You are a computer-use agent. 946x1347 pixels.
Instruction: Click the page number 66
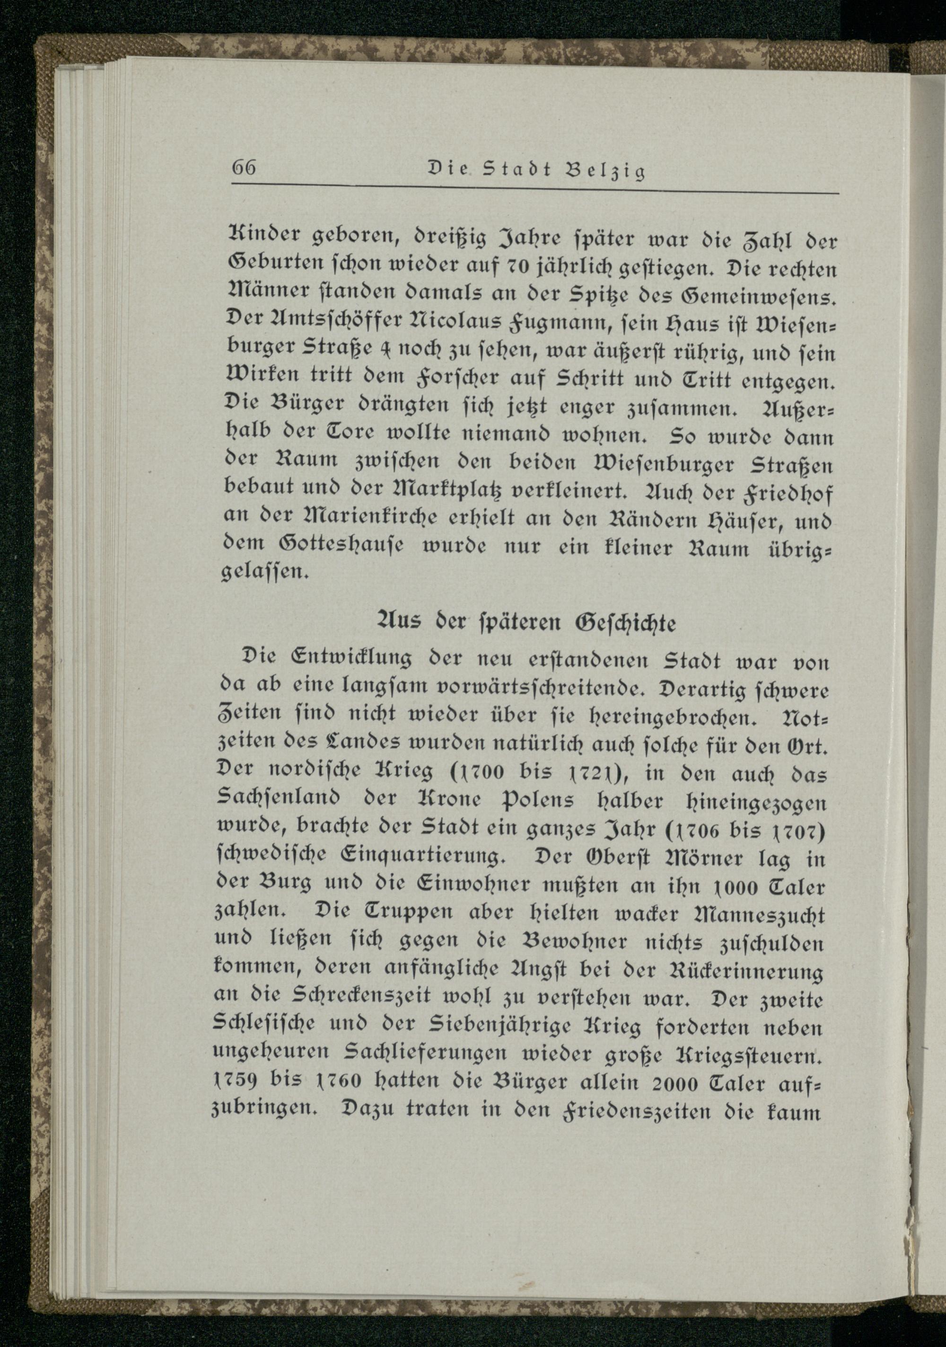[245, 168]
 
